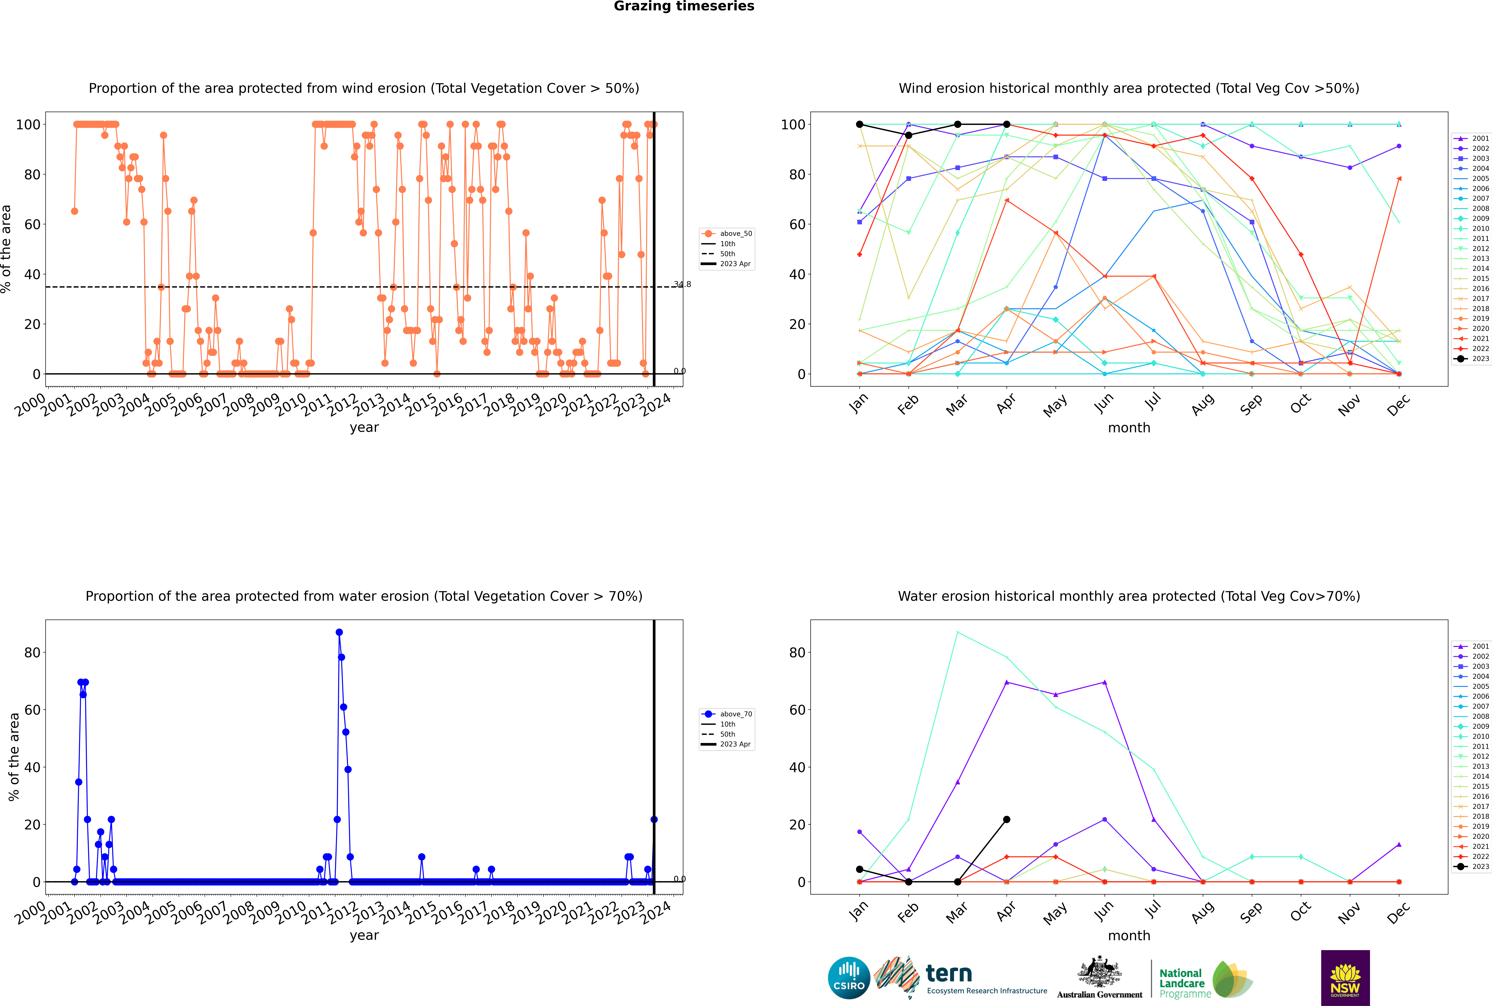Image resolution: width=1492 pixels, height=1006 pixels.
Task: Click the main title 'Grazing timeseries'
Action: (x=684, y=6)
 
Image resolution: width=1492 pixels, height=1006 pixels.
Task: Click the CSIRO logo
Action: (x=849, y=978)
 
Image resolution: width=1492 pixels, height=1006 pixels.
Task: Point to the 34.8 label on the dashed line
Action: (x=682, y=284)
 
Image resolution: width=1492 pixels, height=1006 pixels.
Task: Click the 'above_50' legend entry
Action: (x=727, y=234)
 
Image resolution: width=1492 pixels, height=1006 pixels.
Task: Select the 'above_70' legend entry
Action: (x=727, y=714)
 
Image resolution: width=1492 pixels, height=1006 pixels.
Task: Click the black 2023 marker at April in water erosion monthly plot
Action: (x=1006, y=819)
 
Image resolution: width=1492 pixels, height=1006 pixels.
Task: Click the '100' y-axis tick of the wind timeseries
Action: (x=28, y=125)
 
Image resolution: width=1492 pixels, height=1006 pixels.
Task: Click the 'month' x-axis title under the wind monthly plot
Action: (x=1129, y=428)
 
